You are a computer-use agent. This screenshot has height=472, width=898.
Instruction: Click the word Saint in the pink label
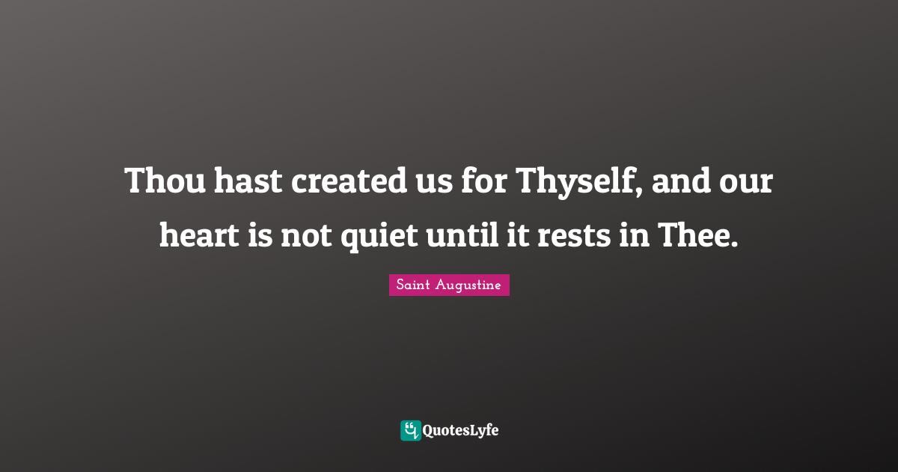412,285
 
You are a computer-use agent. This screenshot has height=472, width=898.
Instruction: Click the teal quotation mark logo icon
410,430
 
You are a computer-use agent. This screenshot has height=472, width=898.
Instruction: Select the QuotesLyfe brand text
461,430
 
